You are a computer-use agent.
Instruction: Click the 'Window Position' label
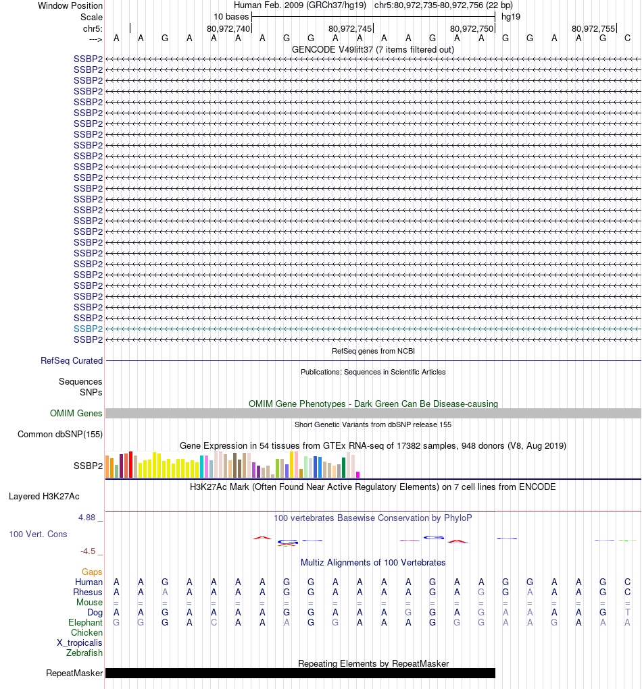pyautogui.click(x=70, y=5)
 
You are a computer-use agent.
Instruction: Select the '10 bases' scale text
pyautogui.click(x=231, y=16)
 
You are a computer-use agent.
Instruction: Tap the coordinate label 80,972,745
pyautogui.click(x=350, y=28)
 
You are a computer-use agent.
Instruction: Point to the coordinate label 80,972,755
pyautogui.click(x=593, y=28)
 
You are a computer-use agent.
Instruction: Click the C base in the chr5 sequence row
pyautogui.click(x=628, y=38)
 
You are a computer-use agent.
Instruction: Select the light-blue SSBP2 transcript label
pyautogui.click(x=88, y=329)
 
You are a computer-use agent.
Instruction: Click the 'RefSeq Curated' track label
pyautogui.click(x=72, y=361)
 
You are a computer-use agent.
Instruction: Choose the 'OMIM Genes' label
pyautogui.click(x=76, y=413)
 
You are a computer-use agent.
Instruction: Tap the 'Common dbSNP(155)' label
pyautogui.click(x=60, y=434)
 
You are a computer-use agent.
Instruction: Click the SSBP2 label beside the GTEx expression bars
pyautogui.click(x=88, y=466)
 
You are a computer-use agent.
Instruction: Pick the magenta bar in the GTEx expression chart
pyautogui.click(x=358, y=474)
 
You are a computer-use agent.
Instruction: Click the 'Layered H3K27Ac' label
pyautogui.click(x=44, y=497)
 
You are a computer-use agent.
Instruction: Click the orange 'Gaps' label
pyautogui.click(x=92, y=572)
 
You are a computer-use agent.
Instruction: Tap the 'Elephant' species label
pyautogui.click(x=85, y=622)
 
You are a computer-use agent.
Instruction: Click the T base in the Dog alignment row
pyautogui.click(x=628, y=612)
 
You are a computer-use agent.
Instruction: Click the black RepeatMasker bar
pyautogui.click(x=300, y=673)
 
